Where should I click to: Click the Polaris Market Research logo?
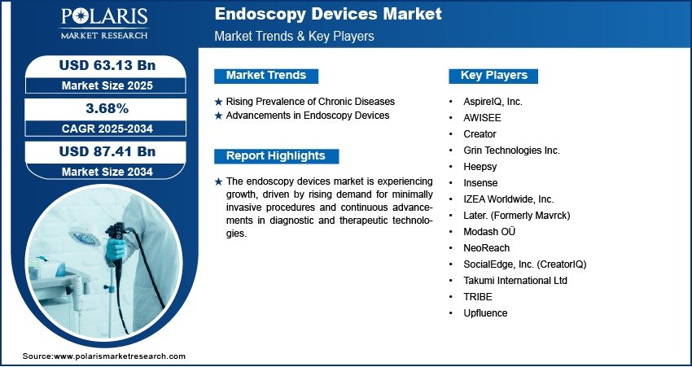tap(104, 24)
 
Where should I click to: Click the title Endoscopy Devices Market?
tap(328, 14)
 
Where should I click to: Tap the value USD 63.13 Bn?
tap(107, 65)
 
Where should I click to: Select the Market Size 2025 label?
tap(107, 85)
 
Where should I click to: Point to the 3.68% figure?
tap(107, 108)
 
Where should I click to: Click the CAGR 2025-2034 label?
tap(107, 129)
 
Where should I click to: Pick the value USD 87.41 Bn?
tap(107, 151)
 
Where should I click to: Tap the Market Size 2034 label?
tap(107, 172)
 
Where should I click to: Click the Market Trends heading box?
tap(266, 76)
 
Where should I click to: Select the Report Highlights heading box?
tap(276, 156)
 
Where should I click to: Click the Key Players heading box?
tap(493, 76)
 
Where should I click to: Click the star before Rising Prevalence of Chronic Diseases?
tap(218, 102)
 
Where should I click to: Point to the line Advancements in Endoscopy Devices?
tap(308, 116)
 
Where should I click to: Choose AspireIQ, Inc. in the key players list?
tap(493, 102)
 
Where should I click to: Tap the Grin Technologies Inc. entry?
tap(511, 151)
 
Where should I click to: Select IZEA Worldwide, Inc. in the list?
tap(508, 199)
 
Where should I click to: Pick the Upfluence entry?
tap(485, 313)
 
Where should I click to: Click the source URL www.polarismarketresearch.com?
tap(120, 356)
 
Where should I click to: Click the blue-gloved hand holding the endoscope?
tap(115, 248)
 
